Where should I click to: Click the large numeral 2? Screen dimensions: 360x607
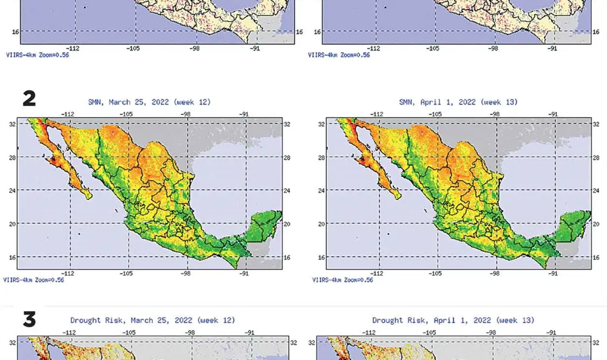pos(29,98)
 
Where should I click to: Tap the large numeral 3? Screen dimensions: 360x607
pos(29,320)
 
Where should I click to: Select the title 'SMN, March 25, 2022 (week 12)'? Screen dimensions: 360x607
pos(149,102)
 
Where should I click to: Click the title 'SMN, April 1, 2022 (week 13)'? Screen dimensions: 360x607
pos(458,102)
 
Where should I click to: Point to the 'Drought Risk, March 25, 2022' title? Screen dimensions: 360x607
pos(153,320)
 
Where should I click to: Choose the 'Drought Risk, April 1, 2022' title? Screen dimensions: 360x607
pos(453,320)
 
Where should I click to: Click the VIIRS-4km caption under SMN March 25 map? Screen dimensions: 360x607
pos(33,280)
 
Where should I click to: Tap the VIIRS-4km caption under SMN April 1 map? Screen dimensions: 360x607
pos(343,280)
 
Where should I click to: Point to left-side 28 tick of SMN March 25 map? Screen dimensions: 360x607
pos(12,157)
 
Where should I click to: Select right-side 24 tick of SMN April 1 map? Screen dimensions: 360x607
pos(596,191)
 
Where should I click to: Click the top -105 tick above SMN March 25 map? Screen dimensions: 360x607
pos(126,114)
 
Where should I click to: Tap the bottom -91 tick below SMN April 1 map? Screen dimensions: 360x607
pos(553,274)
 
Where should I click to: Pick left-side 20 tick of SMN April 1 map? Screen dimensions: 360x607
pos(322,224)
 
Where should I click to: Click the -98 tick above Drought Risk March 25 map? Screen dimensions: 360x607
pos(190,332)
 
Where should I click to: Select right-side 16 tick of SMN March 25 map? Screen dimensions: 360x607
pos(287,257)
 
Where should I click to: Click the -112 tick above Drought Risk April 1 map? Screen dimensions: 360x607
pos(369,332)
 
